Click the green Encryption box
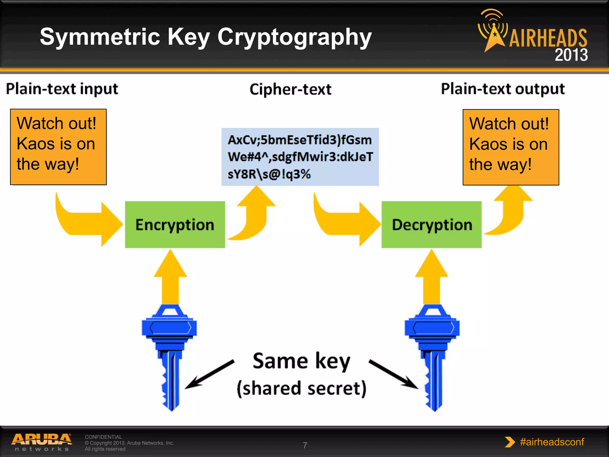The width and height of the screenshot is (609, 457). [x=175, y=225]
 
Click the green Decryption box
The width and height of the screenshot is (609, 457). [x=431, y=225]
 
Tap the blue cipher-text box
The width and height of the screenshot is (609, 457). [x=300, y=157]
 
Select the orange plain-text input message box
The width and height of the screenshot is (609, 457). [x=58, y=147]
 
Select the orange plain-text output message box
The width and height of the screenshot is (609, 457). [x=511, y=147]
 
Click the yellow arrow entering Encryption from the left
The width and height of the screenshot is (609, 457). [x=89, y=223]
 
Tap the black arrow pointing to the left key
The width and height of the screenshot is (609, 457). [x=208, y=375]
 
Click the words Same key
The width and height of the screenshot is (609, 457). [x=301, y=361]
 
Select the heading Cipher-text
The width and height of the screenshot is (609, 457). [x=290, y=89]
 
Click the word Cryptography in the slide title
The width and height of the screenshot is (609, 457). [x=294, y=37]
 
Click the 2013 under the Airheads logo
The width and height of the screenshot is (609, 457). [x=571, y=55]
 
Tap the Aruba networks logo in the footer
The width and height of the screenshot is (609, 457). [x=42, y=442]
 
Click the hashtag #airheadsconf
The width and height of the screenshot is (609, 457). [x=552, y=442]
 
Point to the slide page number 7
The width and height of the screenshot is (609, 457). [x=305, y=445]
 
